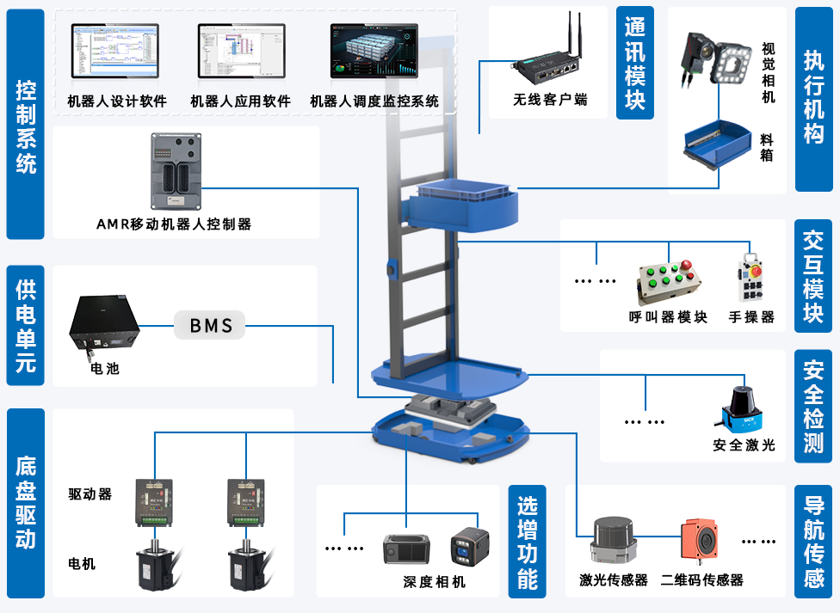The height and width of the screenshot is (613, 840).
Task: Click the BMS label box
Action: pos(211,325)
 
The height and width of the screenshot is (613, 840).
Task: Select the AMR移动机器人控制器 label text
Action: pos(174,224)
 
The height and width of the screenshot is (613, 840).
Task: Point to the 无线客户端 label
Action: pos(550,100)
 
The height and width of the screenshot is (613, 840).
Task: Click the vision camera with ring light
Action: pos(713,58)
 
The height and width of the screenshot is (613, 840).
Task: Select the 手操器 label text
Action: pos(751,316)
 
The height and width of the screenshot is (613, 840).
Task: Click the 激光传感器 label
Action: pos(613,580)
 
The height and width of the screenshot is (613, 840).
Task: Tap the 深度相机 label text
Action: pos(435,582)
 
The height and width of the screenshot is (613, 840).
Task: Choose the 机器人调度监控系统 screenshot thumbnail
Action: pos(374,54)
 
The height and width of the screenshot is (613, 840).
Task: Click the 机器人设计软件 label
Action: pos(117,101)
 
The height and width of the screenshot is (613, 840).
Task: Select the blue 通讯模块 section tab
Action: pos(635,64)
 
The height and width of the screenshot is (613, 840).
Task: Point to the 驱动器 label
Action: pos(90,494)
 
